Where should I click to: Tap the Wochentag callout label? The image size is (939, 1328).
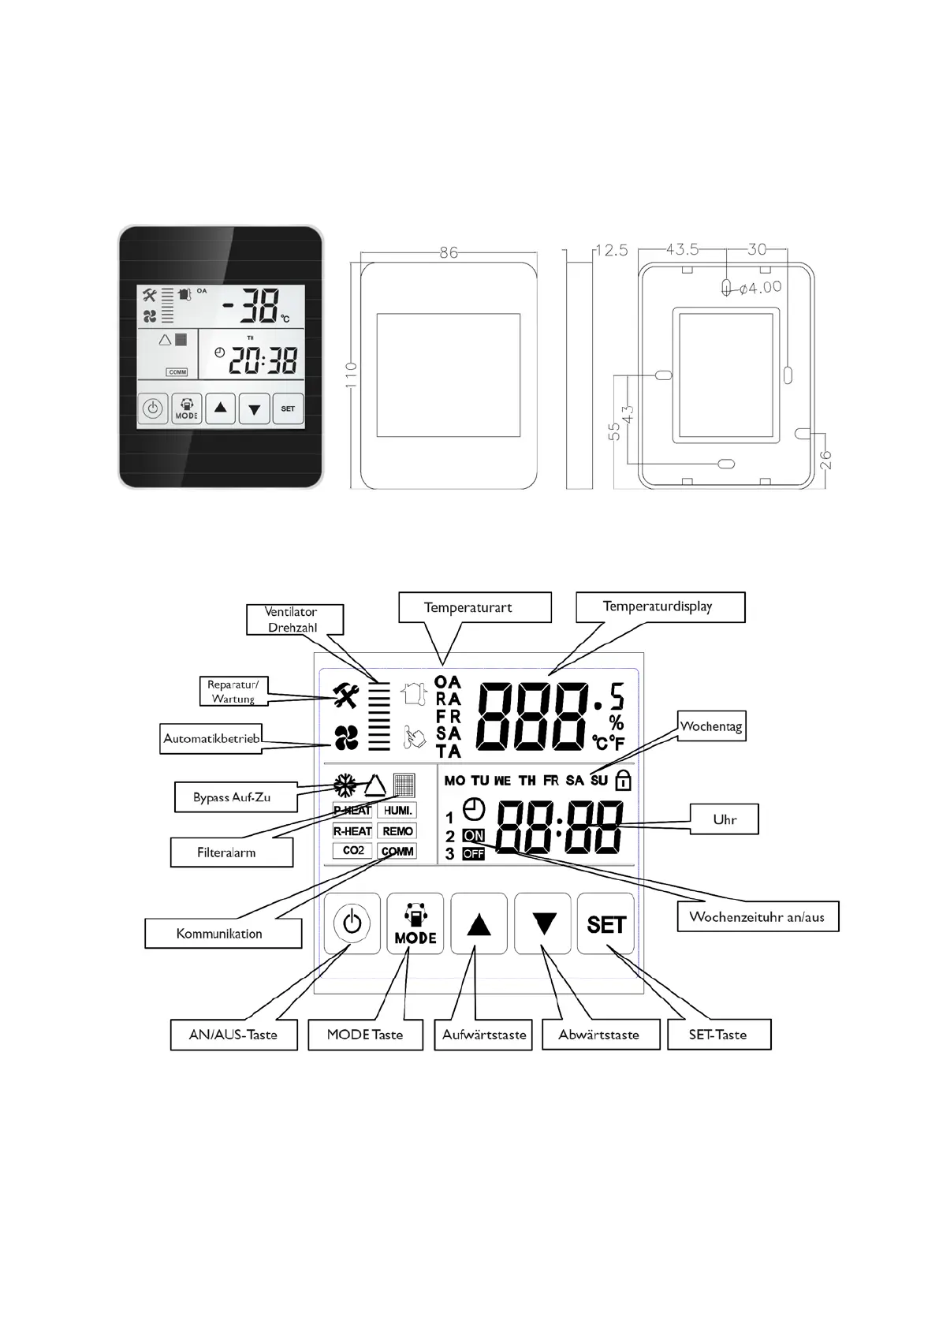[711, 726]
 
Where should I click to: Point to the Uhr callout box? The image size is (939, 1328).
[725, 819]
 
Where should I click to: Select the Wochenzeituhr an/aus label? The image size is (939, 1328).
[757, 916]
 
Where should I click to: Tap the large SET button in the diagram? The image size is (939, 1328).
[606, 924]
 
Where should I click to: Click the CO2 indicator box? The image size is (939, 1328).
[353, 851]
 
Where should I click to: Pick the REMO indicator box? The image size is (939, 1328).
[397, 831]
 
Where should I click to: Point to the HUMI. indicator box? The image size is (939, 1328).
[397, 811]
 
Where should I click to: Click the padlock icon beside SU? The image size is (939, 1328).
[623, 780]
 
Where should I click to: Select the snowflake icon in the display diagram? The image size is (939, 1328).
[345, 785]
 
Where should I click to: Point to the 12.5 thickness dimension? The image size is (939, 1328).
[611, 250]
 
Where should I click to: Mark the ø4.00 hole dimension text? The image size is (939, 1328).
[761, 288]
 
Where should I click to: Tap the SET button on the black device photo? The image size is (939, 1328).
[288, 409]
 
